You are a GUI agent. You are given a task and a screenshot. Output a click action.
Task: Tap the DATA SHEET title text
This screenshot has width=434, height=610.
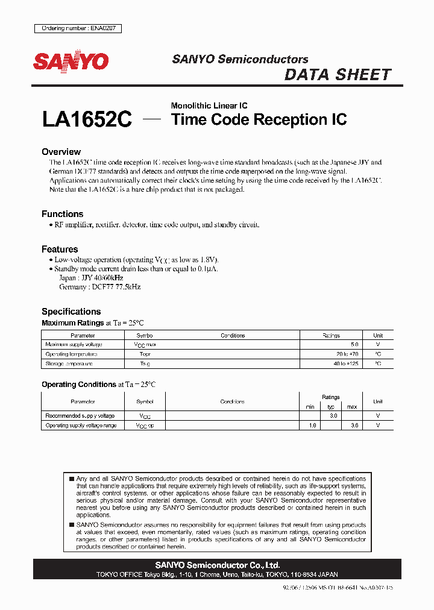point(338,75)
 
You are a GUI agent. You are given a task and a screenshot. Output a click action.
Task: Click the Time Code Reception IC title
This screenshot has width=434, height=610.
point(259,119)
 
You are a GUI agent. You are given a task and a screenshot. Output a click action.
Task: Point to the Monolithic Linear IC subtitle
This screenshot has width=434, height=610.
point(209,105)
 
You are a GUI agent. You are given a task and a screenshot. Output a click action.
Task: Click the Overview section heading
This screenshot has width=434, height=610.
point(61,152)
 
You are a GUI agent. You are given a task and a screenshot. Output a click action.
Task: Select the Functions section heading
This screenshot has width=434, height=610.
point(62,214)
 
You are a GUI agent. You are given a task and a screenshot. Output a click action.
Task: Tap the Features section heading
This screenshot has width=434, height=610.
point(60,249)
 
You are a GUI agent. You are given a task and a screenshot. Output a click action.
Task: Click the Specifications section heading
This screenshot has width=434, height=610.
point(71,312)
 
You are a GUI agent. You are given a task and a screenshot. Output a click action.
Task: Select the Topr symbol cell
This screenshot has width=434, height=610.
point(145,354)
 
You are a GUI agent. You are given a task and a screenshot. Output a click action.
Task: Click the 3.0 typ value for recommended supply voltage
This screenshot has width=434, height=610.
point(332,416)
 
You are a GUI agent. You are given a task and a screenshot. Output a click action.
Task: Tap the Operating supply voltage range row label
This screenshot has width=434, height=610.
point(80,426)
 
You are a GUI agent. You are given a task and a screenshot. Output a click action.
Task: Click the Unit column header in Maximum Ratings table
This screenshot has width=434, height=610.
point(378,335)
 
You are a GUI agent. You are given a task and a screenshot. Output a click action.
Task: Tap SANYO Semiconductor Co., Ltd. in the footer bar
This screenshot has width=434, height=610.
point(217,565)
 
